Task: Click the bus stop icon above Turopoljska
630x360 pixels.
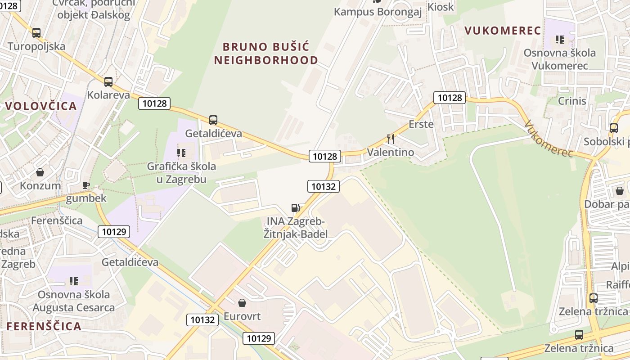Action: [36, 33]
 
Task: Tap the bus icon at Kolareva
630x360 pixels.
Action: [108, 82]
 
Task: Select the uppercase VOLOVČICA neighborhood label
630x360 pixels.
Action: [41, 106]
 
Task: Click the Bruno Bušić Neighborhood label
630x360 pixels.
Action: [266, 53]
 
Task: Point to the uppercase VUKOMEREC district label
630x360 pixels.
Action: [502, 31]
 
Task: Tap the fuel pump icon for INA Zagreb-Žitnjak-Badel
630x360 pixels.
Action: [296, 207]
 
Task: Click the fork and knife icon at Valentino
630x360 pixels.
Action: [391, 139]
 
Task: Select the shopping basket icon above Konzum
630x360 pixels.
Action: [40, 172]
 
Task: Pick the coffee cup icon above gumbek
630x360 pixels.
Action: [86, 185]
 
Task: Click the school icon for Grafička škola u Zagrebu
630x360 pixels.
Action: [181, 153]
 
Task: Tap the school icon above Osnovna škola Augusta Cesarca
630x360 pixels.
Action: [74, 281]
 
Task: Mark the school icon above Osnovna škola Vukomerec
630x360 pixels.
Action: [560, 40]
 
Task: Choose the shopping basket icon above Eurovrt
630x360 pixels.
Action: [242, 302]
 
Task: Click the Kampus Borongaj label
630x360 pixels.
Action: [378, 12]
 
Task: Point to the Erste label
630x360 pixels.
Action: [421, 124]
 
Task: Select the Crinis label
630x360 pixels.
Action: [572, 101]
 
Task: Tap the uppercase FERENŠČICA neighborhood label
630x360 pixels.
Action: [44, 326]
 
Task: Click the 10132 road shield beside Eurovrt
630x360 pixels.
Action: [202, 319]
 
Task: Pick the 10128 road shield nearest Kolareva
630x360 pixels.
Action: [154, 103]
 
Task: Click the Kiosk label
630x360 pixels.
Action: [441, 7]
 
